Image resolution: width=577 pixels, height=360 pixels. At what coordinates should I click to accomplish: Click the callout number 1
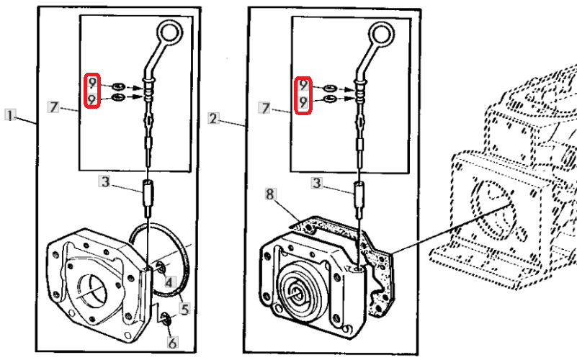pos(10,115)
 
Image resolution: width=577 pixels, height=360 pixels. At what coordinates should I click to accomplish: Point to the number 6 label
pos(172,343)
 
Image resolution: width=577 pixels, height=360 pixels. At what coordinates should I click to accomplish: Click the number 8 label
pos(270,193)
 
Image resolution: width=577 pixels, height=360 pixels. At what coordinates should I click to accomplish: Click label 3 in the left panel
pos(105,183)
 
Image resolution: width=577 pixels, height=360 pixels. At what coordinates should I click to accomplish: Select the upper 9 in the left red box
pos(91,83)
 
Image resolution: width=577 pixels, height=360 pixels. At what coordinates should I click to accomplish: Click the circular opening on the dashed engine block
pos(493,206)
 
